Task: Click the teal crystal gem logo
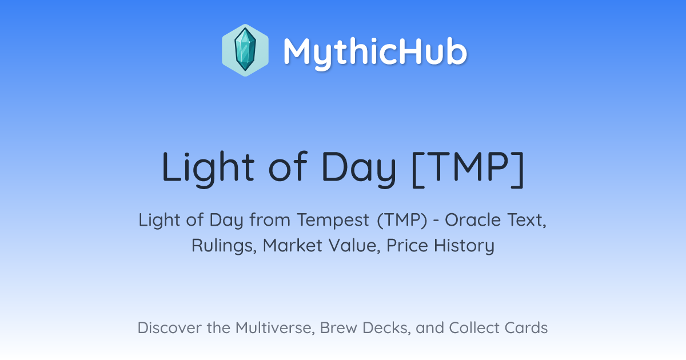245,50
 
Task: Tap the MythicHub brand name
375,52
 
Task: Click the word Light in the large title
208,168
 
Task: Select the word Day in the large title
359,168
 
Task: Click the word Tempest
333,221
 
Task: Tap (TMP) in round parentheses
402,220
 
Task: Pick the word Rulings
224,246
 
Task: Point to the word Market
293,245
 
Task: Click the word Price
407,245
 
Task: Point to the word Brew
338,327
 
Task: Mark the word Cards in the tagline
526,327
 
